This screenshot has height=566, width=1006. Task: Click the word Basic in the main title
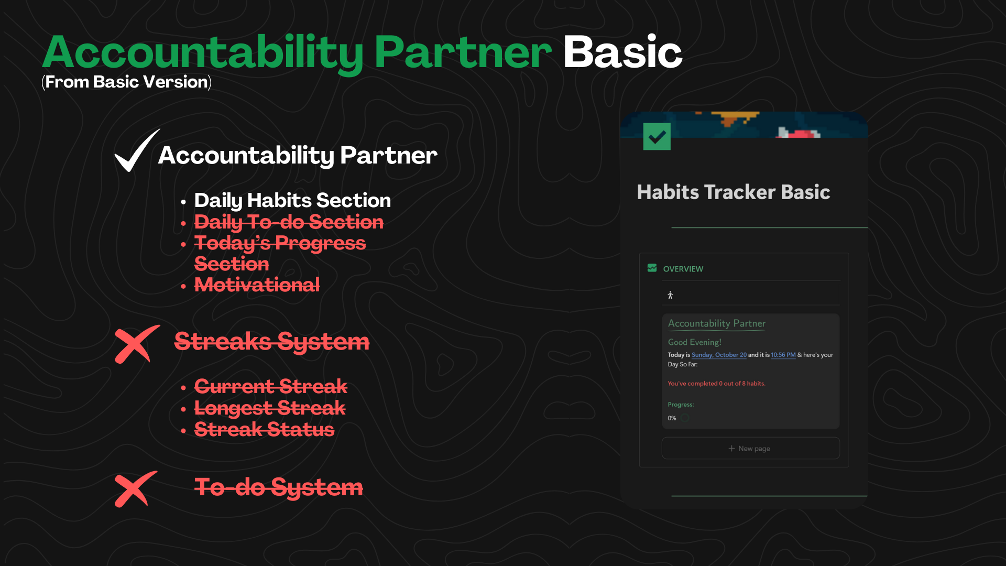pos(622,52)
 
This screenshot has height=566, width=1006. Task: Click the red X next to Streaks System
pos(137,344)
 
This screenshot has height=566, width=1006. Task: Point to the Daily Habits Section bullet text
pos(292,200)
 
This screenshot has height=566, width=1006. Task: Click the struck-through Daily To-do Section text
pos(289,222)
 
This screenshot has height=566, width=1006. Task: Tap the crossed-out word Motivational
pos(257,285)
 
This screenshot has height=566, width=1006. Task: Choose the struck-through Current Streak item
pos(270,387)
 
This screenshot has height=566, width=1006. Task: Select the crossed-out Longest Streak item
pos(270,408)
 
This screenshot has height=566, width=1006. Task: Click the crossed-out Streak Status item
pos(264,430)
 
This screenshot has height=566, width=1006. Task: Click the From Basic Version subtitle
pos(127,82)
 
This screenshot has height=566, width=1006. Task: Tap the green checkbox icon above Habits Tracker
pos(657,137)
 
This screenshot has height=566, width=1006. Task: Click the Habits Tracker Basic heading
pos(733,192)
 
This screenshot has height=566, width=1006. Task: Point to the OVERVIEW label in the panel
pos(683,269)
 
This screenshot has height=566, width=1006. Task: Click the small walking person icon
pos(670,296)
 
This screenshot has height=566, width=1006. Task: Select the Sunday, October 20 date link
pos(719,355)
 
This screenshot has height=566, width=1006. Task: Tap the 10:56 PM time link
pos(783,355)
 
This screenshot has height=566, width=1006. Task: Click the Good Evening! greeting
pos(694,342)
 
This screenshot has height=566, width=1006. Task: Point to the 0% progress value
pos(672,418)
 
